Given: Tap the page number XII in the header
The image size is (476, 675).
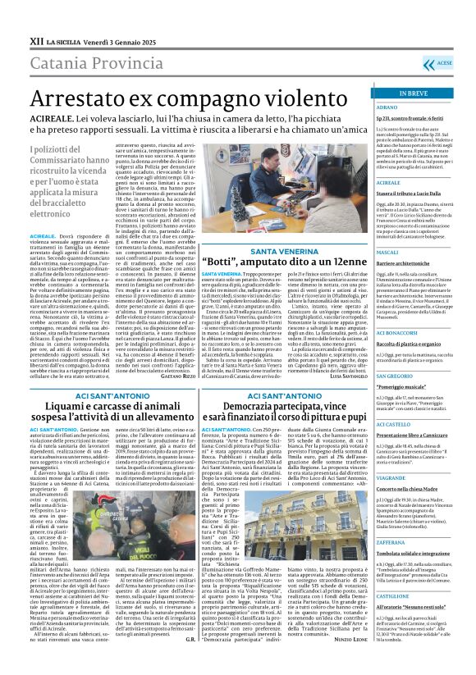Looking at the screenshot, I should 14,18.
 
